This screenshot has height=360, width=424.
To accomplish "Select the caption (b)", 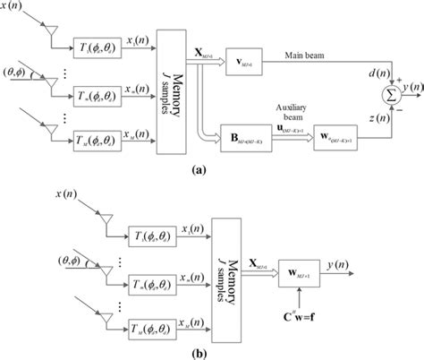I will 211,351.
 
